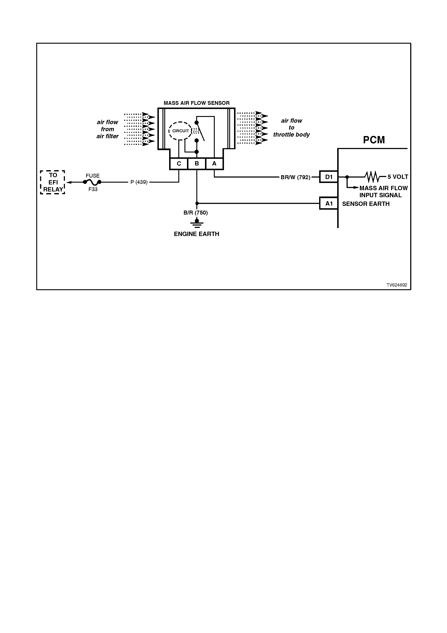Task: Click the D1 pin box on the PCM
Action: click(x=329, y=177)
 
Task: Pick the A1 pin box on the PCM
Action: click(x=329, y=204)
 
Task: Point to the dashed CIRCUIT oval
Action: click(x=180, y=131)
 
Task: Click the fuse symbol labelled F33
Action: click(x=92, y=182)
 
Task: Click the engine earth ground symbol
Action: click(x=197, y=223)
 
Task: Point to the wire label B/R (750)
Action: click(x=195, y=213)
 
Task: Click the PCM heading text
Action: click(x=374, y=140)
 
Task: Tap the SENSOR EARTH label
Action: click(x=366, y=204)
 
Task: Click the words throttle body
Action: click(x=291, y=135)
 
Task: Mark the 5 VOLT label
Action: click(x=398, y=177)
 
